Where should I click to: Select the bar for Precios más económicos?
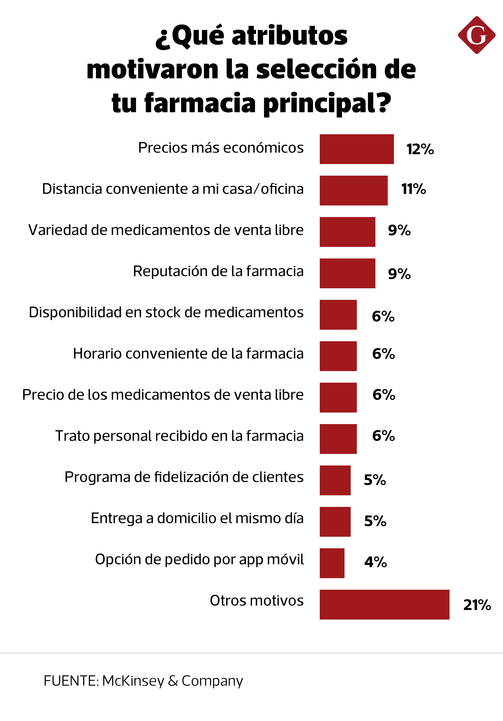[357, 149]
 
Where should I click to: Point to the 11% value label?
[413, 189]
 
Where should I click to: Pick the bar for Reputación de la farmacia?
[347, 273]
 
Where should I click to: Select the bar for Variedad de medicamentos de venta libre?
[347, 232]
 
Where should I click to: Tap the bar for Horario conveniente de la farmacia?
[338, 356]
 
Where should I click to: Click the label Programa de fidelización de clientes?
[184, 477]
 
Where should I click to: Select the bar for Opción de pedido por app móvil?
[332, 563]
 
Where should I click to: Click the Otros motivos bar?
[384, 605]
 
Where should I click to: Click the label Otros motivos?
[257, 601]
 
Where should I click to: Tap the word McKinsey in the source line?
[133, 681]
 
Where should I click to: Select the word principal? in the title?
[327, 103]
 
